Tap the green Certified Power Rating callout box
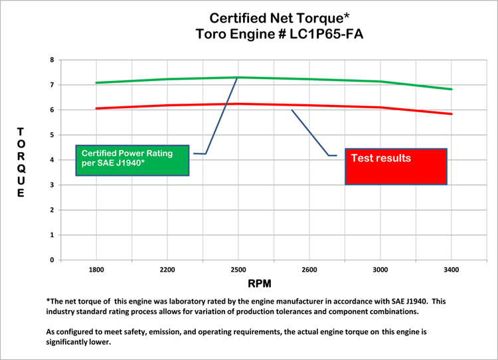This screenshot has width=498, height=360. (x=132, y=160)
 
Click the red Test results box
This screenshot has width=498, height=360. (x=395, y=166)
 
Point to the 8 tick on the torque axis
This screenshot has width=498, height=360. (x=51, y=60)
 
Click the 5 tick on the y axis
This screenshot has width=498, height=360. (x=51, y=135)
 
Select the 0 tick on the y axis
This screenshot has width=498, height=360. (x=51, y=260)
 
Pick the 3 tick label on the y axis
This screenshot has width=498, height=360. (x=51, y=185)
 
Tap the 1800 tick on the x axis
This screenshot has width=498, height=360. (x=96, y=270)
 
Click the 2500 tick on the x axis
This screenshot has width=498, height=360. (x=238, y=270)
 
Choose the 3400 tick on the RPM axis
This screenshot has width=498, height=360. (x=452, y=270)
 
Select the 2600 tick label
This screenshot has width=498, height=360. (x=309, y=270)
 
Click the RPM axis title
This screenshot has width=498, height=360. (x=260, y=284)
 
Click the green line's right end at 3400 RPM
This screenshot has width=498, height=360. (x=452, y=89)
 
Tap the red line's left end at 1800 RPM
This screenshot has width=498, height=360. (x=97, y=108)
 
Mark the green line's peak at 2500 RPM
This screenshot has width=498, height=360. (x=238, y=77)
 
